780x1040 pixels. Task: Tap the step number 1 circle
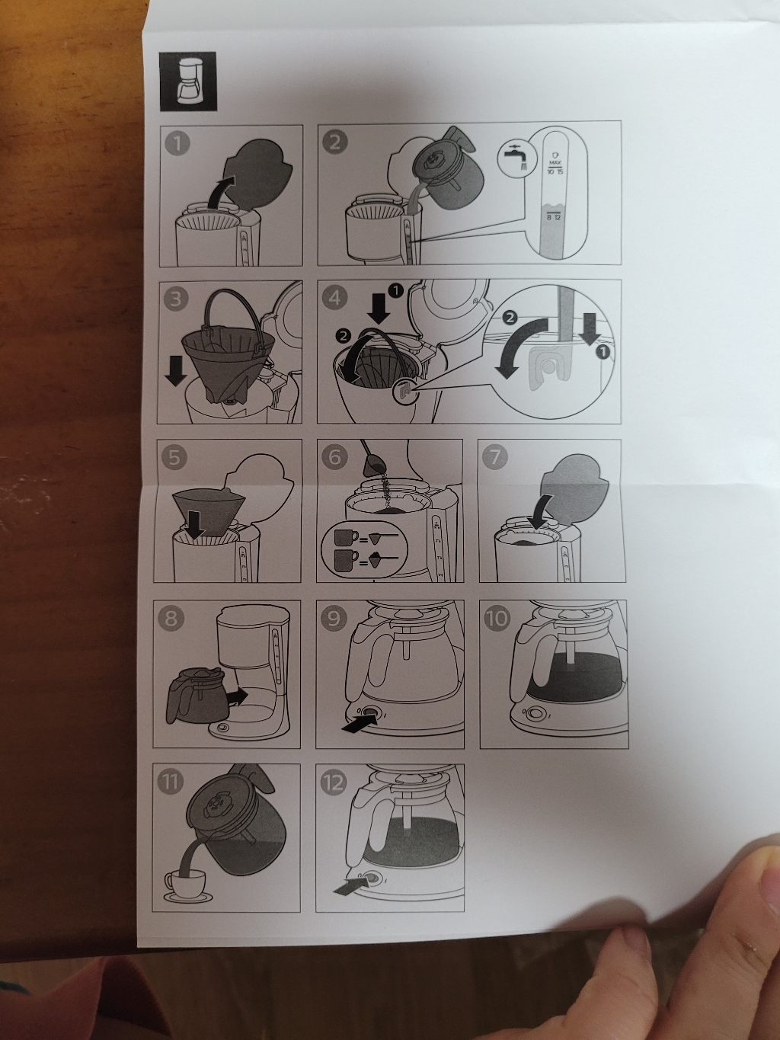point(177,143)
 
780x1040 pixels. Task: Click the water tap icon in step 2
point(513,158)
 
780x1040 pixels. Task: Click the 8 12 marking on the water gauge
point(553,217)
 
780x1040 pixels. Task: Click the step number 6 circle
point(335,457)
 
